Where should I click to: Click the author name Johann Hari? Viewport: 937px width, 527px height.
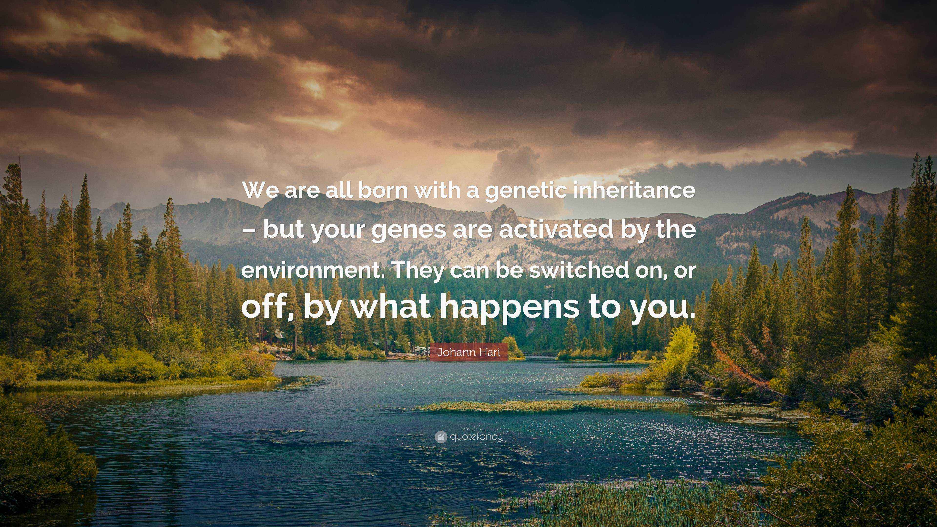[x=468, y=352]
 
